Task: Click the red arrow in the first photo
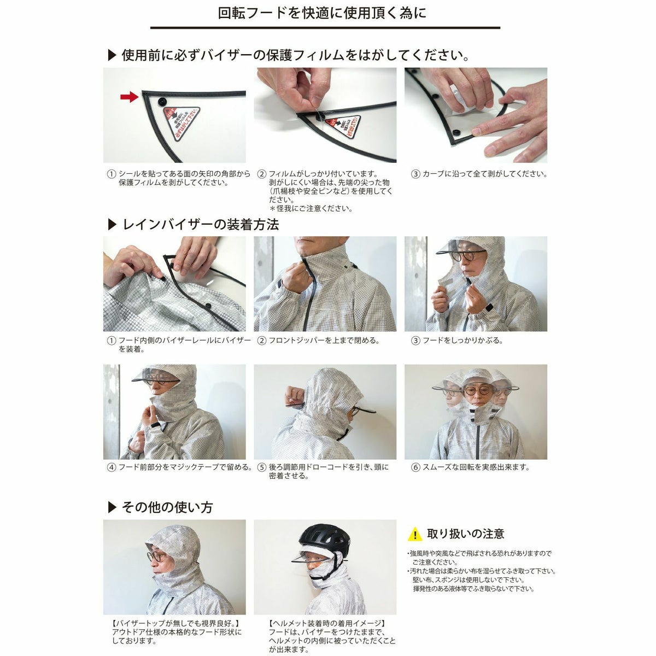coord(128,97)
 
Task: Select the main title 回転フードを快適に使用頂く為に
coord(322,13)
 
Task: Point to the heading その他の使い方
coord(167,507)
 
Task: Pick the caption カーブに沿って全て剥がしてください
coord(484,174)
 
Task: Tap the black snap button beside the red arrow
coord(161,101)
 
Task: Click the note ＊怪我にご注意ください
coord(311,208)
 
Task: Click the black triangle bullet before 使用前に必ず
coord(112,55)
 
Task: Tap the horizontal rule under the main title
coord(325,28)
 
